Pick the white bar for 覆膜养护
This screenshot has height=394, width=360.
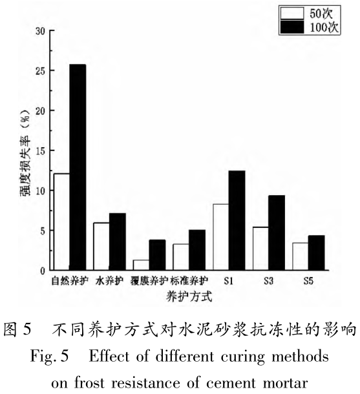(x=142, y=265)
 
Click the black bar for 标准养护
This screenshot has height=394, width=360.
(x=197, y=250)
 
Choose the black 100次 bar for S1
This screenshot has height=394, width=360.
(x=237, y=220)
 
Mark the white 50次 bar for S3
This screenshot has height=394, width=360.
(x=260, y=248)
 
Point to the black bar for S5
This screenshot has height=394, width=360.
(x=316, y=253)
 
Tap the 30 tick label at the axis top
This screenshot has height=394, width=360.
(x=40, y=30)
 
